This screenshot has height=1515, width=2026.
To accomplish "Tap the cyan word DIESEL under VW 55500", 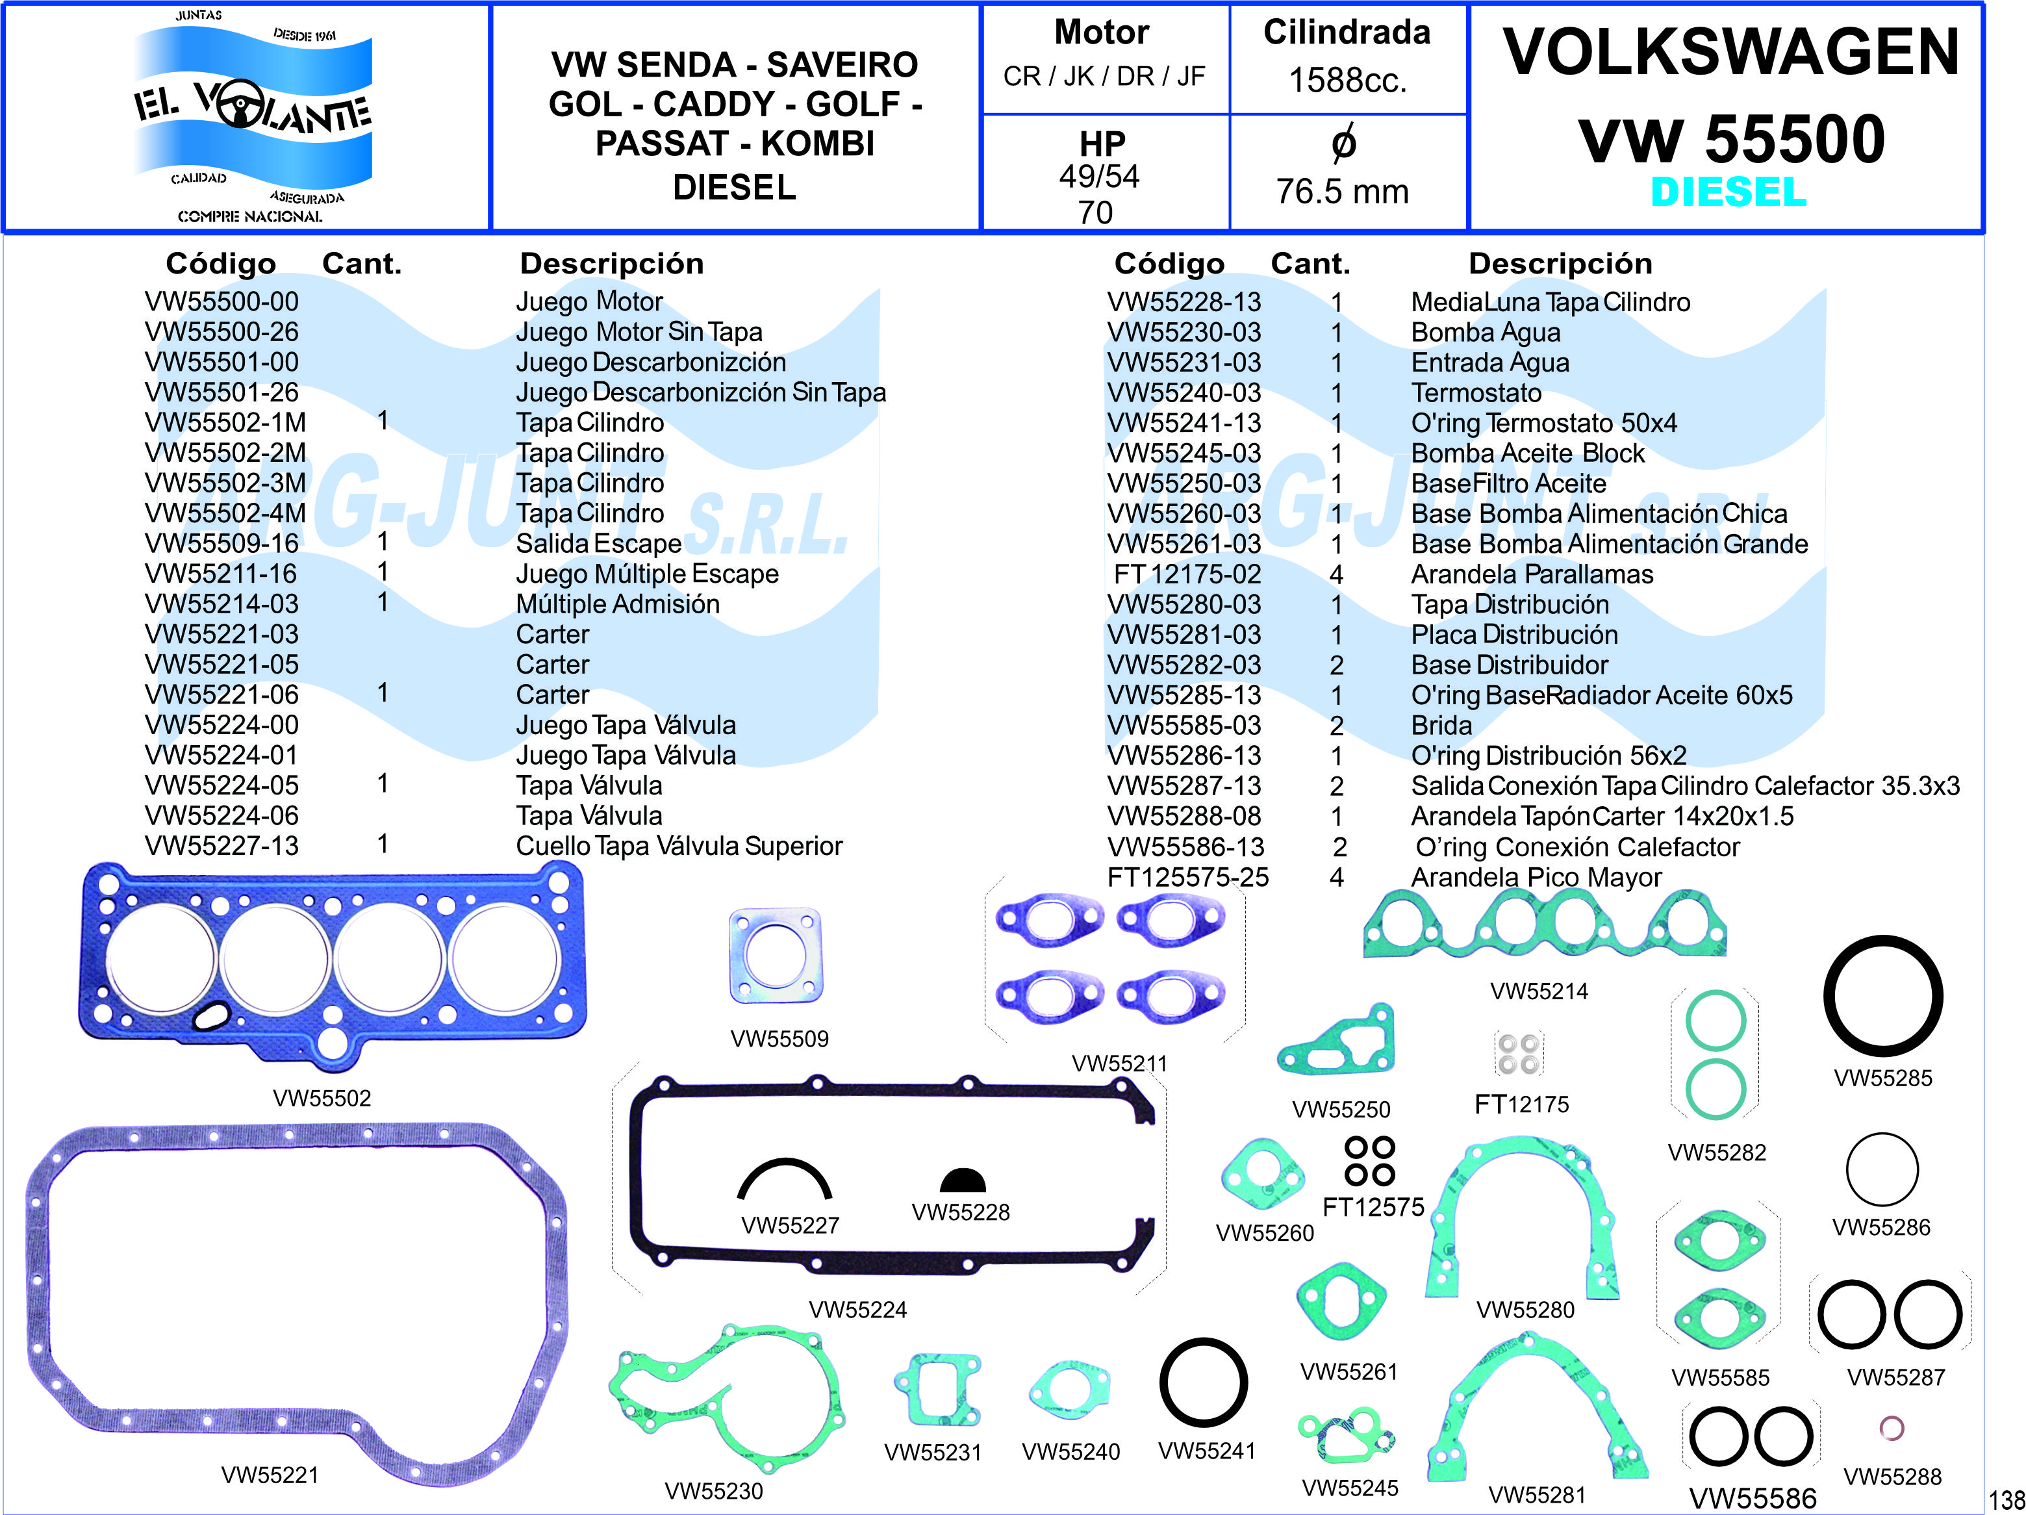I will click(x=1728, y=192).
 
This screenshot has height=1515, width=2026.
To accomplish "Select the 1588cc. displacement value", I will click(x=1347, y=81).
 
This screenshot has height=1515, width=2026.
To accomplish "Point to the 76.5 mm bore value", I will click(x=1343, y=192).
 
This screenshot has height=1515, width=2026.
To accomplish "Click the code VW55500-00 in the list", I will click(x=222, y=301).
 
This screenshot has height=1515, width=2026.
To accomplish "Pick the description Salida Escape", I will click(x=598, y=543).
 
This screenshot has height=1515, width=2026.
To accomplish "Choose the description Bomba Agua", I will click(x=1486, y=333).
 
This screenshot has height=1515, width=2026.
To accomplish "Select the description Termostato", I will click(x=1476, y=393).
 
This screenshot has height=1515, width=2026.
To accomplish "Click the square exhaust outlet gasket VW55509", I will click(x=775, y=956).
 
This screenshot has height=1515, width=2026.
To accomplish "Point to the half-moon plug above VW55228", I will click(x=962, y=1180).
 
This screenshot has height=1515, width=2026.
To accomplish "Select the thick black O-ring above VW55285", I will click(x=1883, y=996).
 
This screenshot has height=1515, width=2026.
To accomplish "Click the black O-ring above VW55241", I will click(x=1204, y=1383).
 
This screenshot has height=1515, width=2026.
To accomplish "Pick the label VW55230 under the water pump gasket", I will click(x=713, y=1491).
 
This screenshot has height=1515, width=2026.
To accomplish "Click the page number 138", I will click(x=2007, y=1499).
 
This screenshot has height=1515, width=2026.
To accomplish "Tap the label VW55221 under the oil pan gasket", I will click(x=270, y=1475).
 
